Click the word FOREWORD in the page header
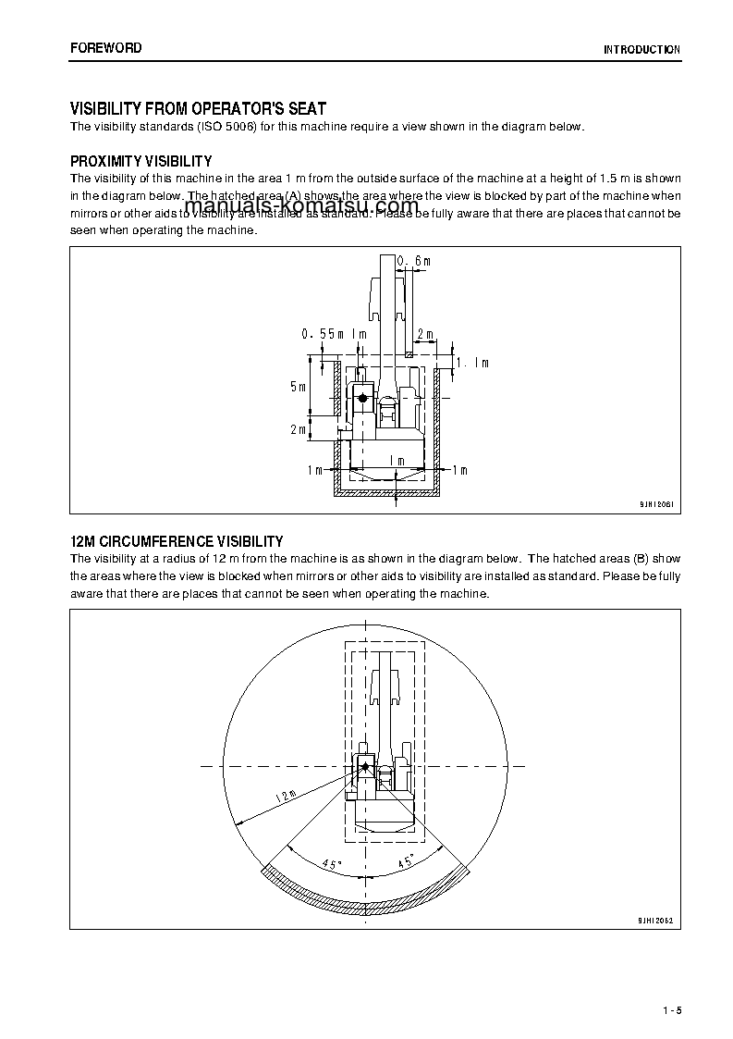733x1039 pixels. (105, 48)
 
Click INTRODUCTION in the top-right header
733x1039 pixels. (641, 50)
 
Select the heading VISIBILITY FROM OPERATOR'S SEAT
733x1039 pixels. (198, 109)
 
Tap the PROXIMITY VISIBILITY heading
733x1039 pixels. (141, 161)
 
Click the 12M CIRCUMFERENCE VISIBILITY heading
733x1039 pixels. (177, 541)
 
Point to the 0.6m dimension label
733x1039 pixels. (414, 262)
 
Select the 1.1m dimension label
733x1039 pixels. (472, 364)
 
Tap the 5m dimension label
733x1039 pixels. (297, 387)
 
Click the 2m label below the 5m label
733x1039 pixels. (297, 429)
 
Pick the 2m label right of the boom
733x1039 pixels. (425, 333)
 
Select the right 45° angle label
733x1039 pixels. (405, 862)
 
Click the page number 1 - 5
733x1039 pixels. (671, 1009)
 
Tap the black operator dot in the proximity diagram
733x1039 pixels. (363, 398)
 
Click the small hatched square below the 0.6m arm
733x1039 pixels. (409, 353)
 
